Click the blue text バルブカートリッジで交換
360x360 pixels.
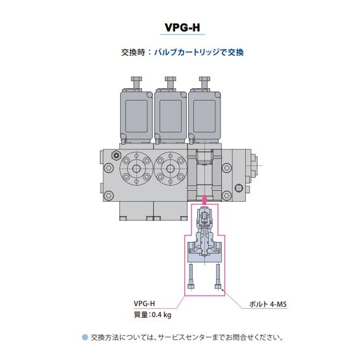point(202,52)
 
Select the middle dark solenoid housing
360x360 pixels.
point(171,115)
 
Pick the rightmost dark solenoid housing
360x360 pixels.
point(204,115)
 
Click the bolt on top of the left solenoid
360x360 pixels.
point(136,82)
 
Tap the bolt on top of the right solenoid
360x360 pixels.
point(204,82)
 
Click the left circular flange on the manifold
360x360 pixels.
point(137,169)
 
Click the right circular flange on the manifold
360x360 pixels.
point(171,169)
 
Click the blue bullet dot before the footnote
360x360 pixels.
point(84,337)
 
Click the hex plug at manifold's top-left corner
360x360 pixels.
point(115,156)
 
